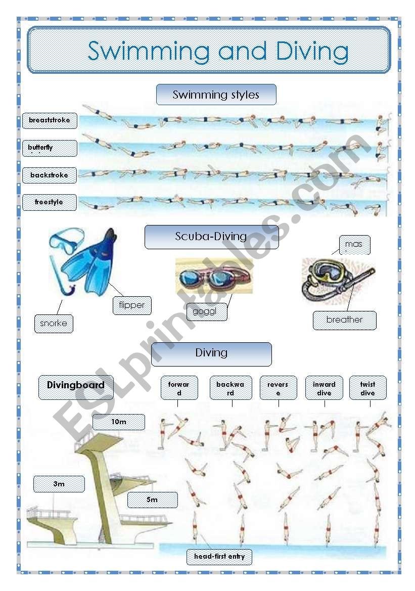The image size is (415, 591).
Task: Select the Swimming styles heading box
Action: (216, 95)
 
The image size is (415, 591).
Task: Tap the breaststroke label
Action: (50, 121)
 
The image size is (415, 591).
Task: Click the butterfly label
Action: (50, 148)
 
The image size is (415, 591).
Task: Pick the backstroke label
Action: (50, 175)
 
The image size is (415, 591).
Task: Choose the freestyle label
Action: (50, 202)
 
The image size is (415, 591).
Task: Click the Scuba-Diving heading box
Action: (211, 237)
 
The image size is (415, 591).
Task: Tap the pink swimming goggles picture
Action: (213, 276)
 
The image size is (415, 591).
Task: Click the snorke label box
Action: (54, 324)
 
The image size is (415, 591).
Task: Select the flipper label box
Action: (132, 305)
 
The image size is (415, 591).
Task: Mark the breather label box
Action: (344, 320)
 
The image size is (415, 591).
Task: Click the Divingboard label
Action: (76, 386)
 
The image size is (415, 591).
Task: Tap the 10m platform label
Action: (119, 422)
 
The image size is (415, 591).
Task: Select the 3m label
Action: (59, 484)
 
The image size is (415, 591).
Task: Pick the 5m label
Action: (152, 499)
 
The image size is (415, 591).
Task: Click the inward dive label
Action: (324, 388)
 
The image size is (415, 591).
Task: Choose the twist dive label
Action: (368, 388)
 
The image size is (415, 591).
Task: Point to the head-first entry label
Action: (219, 557)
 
